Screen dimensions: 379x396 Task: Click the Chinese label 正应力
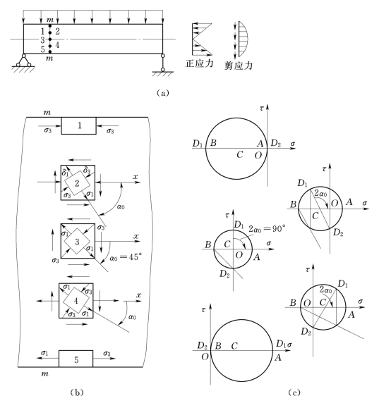point(199,63)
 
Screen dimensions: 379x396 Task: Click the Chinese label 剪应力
point(239,66)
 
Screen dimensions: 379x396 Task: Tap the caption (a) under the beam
point(162,93)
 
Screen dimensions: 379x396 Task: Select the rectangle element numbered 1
point(78,125)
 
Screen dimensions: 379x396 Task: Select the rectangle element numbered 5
point(76,359)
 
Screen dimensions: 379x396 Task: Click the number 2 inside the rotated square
point(77,183)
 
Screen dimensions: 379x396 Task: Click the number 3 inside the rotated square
point(77,242)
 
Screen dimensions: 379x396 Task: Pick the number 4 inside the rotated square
point(76,301)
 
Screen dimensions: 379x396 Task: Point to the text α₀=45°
point(126,257)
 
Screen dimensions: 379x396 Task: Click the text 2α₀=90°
point(267,228)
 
